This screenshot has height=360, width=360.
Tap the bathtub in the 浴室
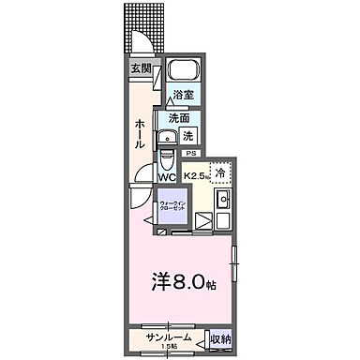pos(184,73)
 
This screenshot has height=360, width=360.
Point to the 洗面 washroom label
pos(179,118)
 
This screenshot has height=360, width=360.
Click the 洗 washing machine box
pos(187,135)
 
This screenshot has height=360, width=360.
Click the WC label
pos(167,175)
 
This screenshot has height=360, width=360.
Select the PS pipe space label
pos(190,154)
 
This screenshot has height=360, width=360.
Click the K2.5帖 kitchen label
pos(197,174)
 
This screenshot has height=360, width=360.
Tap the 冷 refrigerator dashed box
pos(220,172)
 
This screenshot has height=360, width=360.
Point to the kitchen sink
pos(223,200)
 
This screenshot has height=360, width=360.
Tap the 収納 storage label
pos(219,338)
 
